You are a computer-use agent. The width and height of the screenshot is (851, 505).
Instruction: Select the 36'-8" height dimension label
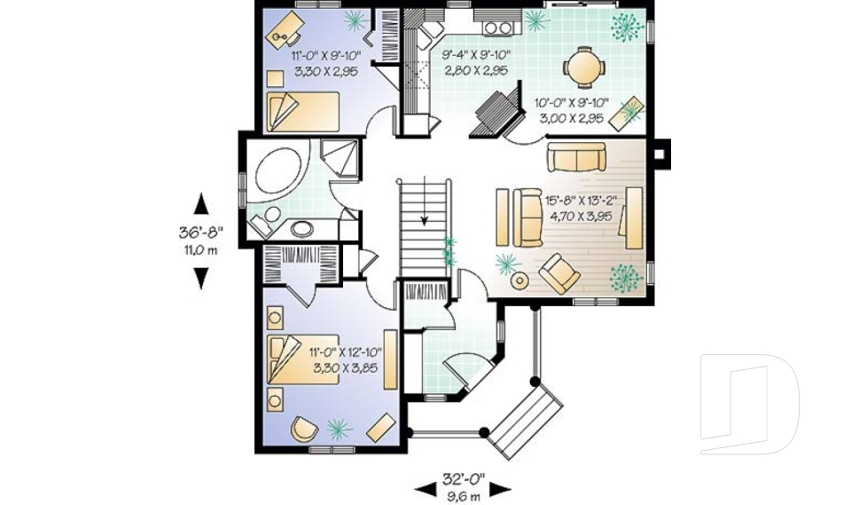click(x=201, y=233)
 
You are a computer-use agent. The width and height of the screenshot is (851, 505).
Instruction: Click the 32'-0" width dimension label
click(x=464, y=479)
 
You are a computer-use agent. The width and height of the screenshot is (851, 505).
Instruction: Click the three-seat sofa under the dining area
click(x=576, y=157)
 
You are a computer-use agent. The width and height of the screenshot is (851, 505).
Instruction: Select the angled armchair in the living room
click(x=559, y=272)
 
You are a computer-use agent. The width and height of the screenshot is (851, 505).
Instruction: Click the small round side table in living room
click(x=520, y=280)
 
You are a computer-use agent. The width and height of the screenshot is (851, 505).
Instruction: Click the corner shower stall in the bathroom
click(x=340, y=158)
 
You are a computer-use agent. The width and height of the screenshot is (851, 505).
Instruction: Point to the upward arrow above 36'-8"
click(x=201, y=204)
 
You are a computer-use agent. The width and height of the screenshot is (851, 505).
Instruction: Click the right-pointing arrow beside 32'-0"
click(x=500, y=489)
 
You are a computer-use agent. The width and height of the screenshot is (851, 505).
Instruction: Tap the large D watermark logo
click(x=749, y=404)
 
